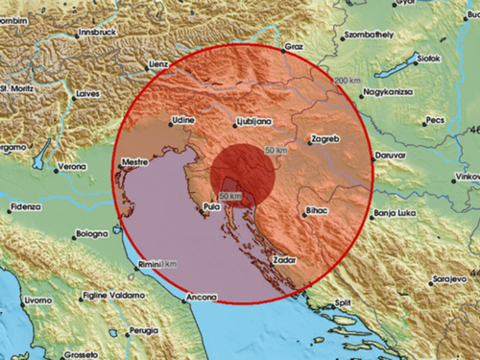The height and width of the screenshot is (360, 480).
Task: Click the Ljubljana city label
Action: [254, 122]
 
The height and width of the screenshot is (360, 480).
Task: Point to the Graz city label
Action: [296, 46]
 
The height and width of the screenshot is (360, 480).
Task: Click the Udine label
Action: [182, 122]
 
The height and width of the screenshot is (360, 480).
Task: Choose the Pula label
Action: [216, 205]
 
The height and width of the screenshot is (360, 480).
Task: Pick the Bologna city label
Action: [93, 234]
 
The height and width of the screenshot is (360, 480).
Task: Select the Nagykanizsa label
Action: [386, 94]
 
